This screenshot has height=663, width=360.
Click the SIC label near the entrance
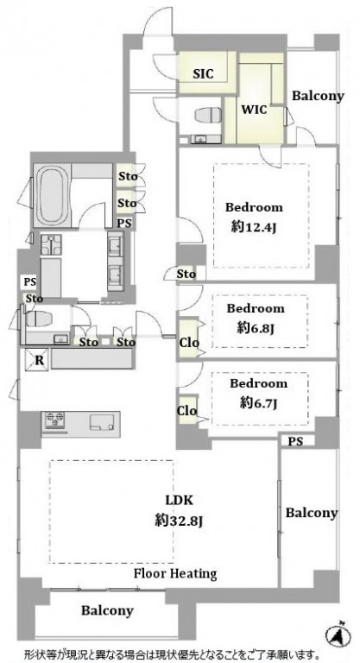(203, 74)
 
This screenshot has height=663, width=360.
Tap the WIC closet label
(254, 110)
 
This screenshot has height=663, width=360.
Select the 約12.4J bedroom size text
(254, 228)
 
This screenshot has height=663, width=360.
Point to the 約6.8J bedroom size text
(256, 328)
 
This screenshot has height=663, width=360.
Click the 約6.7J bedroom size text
(258, 404)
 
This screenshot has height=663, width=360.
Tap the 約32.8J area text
(180, 521)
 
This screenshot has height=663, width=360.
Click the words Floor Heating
(175, 574)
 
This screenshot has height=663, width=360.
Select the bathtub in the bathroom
(51, 194)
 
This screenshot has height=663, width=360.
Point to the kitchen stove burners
(54, 419)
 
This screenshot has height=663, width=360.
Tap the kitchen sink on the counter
(102, 421)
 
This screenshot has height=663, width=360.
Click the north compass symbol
(338, 634)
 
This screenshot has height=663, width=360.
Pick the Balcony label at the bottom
(107, 610)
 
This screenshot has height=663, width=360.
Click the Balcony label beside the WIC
(318, 96)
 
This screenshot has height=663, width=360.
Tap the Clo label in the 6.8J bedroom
(189, 343)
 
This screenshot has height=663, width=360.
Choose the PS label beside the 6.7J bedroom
(296, 441)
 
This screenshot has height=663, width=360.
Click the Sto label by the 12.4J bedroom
(186, 274)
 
